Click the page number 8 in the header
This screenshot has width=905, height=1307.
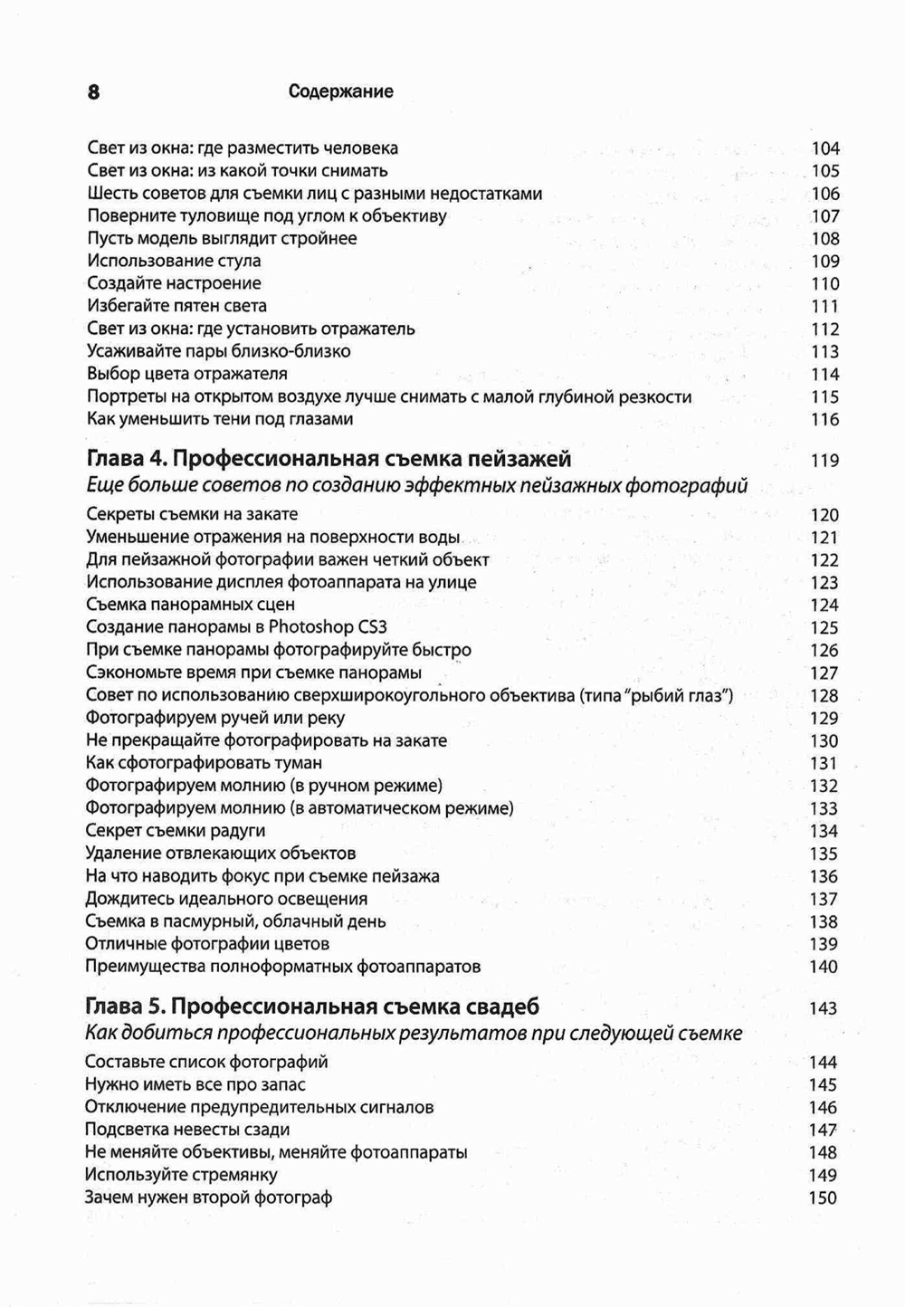click(93, 91)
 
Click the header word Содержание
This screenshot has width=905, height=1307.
click(340, 91)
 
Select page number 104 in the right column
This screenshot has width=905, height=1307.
click(825, 148)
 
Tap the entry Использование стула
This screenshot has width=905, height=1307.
click(174, 262)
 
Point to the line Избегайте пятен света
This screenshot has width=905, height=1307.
click(176, 306)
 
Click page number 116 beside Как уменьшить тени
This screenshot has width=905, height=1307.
click(825, 420)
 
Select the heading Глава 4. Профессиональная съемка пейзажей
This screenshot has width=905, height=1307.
click(329, 459)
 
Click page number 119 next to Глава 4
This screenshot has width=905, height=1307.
click(825, 461)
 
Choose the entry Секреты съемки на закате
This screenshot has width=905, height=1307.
click(192, 514)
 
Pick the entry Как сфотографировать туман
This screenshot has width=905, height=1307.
click(204, 763)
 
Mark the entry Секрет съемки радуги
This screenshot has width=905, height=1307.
click(176, 831)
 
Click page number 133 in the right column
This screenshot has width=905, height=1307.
click(824, 809)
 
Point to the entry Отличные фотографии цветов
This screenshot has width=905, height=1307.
click(207, 944)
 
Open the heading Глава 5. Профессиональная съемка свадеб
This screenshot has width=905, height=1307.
click(312, 1006)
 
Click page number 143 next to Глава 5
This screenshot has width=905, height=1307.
click(824, 1008)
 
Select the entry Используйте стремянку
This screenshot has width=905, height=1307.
click(181, 1175)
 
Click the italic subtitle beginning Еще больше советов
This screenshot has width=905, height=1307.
click(416, 486)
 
